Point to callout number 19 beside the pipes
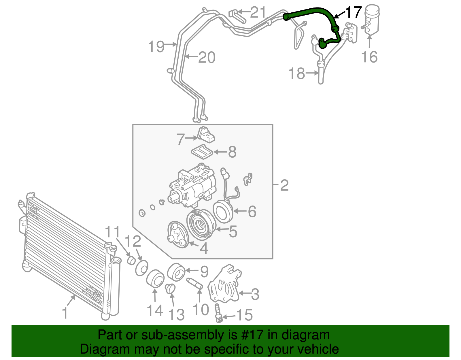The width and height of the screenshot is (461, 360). tap(156, 46)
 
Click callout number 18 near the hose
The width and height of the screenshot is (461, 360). tap(297, 73)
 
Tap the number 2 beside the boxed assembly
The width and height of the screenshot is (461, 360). tap(284, 185)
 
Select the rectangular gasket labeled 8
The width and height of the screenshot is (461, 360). tap(202, 152)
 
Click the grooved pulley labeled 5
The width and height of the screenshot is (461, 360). tap(201, 225)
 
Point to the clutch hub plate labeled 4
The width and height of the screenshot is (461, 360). tap(178, 234)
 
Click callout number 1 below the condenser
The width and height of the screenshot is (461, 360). tap(65, 313)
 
